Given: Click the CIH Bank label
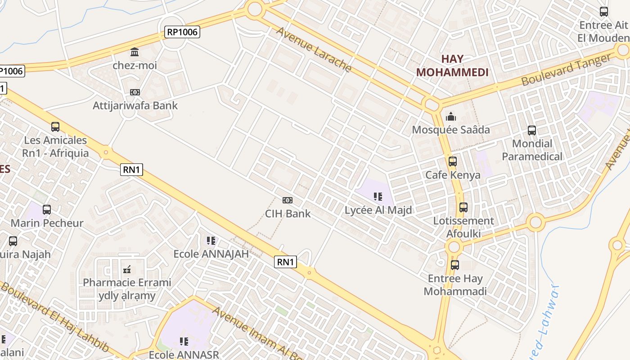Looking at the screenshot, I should pos(288,213).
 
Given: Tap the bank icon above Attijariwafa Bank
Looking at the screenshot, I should pos(135,92).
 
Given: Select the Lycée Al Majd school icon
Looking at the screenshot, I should pos(378,196).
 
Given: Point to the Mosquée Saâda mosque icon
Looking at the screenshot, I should pos(450,117).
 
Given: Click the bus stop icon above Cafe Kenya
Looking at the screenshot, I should pos(453,161).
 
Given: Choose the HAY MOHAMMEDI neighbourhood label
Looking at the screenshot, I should pos(452,66).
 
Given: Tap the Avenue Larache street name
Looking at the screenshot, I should pos(313,49).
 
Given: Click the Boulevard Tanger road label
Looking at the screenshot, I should pos(567,69).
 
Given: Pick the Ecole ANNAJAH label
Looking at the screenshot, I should pos(211,254).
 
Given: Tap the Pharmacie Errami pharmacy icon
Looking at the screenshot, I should pos(127,270).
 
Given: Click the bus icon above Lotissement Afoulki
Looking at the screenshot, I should pos(463,207).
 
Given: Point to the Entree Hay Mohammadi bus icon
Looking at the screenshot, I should pos(455,265).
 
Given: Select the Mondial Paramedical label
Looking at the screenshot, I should pos(532,150).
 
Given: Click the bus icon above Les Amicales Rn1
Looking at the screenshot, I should pos(55,127).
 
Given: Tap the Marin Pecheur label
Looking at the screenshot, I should pos(47,223).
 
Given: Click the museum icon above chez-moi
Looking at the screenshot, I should pos(135,52).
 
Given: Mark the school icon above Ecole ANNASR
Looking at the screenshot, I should pos(184,341).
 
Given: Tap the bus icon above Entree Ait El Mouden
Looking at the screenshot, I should pos(604,12).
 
